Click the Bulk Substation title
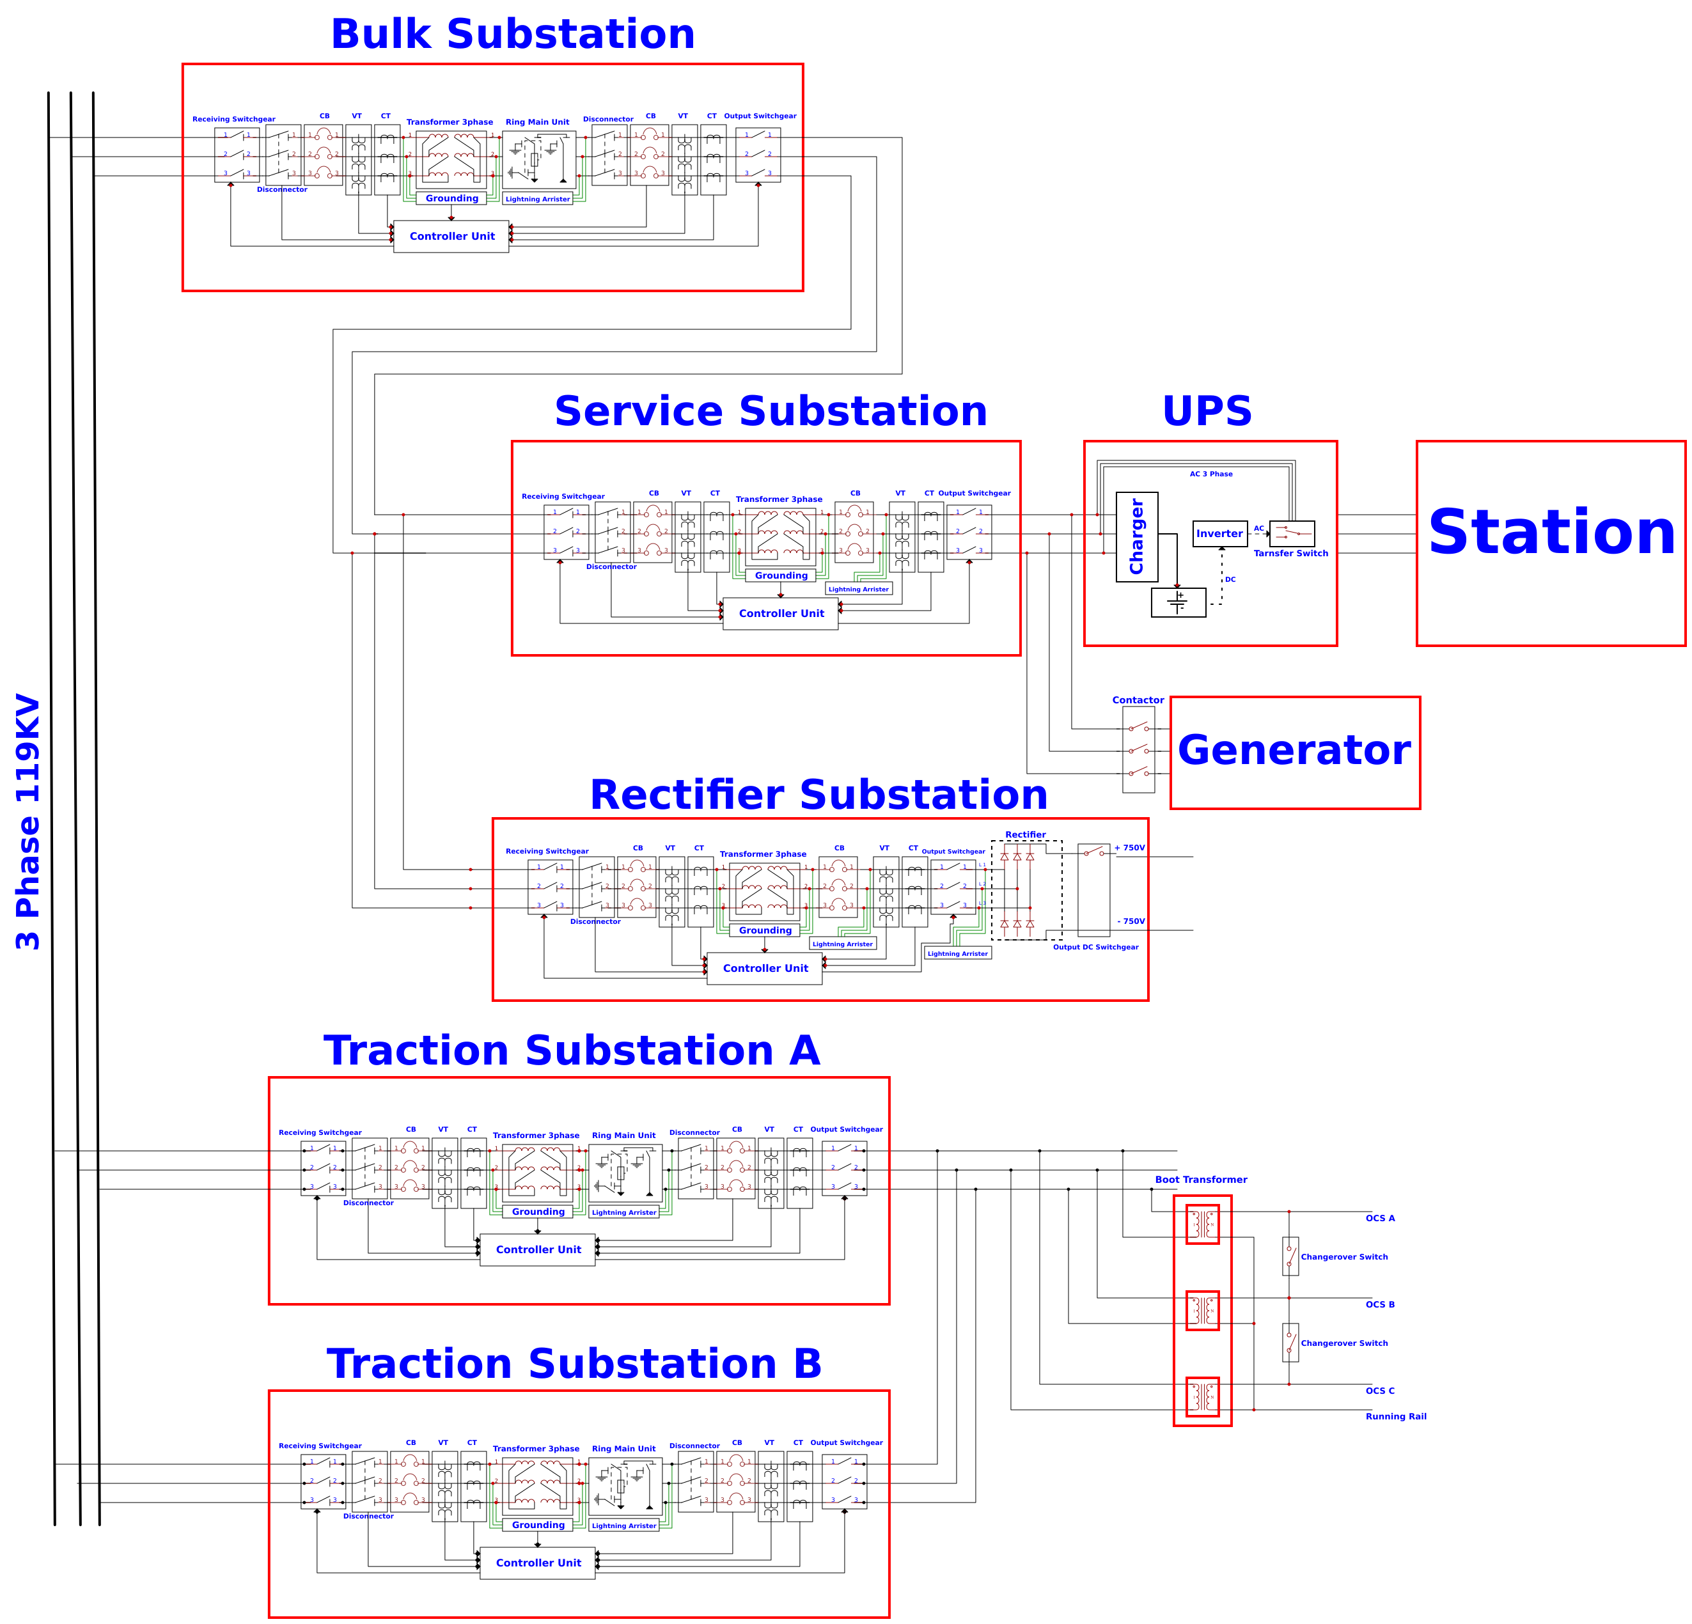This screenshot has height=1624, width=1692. click(513, 35)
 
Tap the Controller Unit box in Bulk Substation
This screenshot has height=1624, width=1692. click(451, 237)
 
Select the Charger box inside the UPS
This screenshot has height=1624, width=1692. click(1136, 537)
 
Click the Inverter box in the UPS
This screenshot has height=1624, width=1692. click(1219, 534)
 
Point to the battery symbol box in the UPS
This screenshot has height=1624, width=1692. click(1177, 602)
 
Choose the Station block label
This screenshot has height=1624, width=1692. click(1551, 533)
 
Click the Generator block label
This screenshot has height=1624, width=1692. click(1293, 749)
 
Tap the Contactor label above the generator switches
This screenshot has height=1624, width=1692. click(1138, 700)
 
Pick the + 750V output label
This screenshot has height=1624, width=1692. click(1129, 848)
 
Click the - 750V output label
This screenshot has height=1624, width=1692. click(1131, 921)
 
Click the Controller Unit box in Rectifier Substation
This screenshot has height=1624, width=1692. click(765, 969)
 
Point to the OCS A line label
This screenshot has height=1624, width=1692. click(1379, 1218)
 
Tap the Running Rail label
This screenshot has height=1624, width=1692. click(1395, 1417)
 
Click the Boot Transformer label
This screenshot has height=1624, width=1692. click(1201, 1180)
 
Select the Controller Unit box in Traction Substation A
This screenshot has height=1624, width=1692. click(538, 1249)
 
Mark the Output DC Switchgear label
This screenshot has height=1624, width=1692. click(1095, 947)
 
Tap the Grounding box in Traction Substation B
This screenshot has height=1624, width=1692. click(538, 1525)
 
